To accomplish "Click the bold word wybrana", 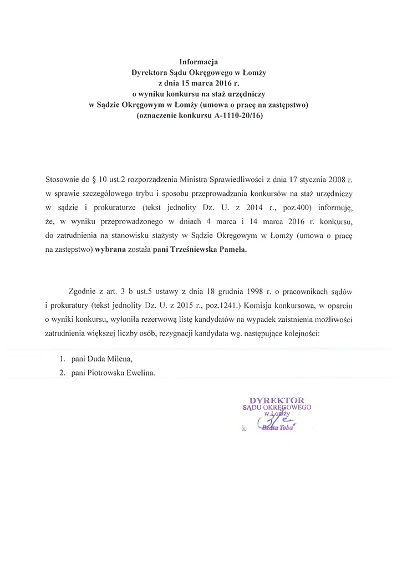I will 110,250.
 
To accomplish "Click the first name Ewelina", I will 140,373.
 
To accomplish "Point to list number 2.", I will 63,373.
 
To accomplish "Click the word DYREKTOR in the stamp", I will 277,400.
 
